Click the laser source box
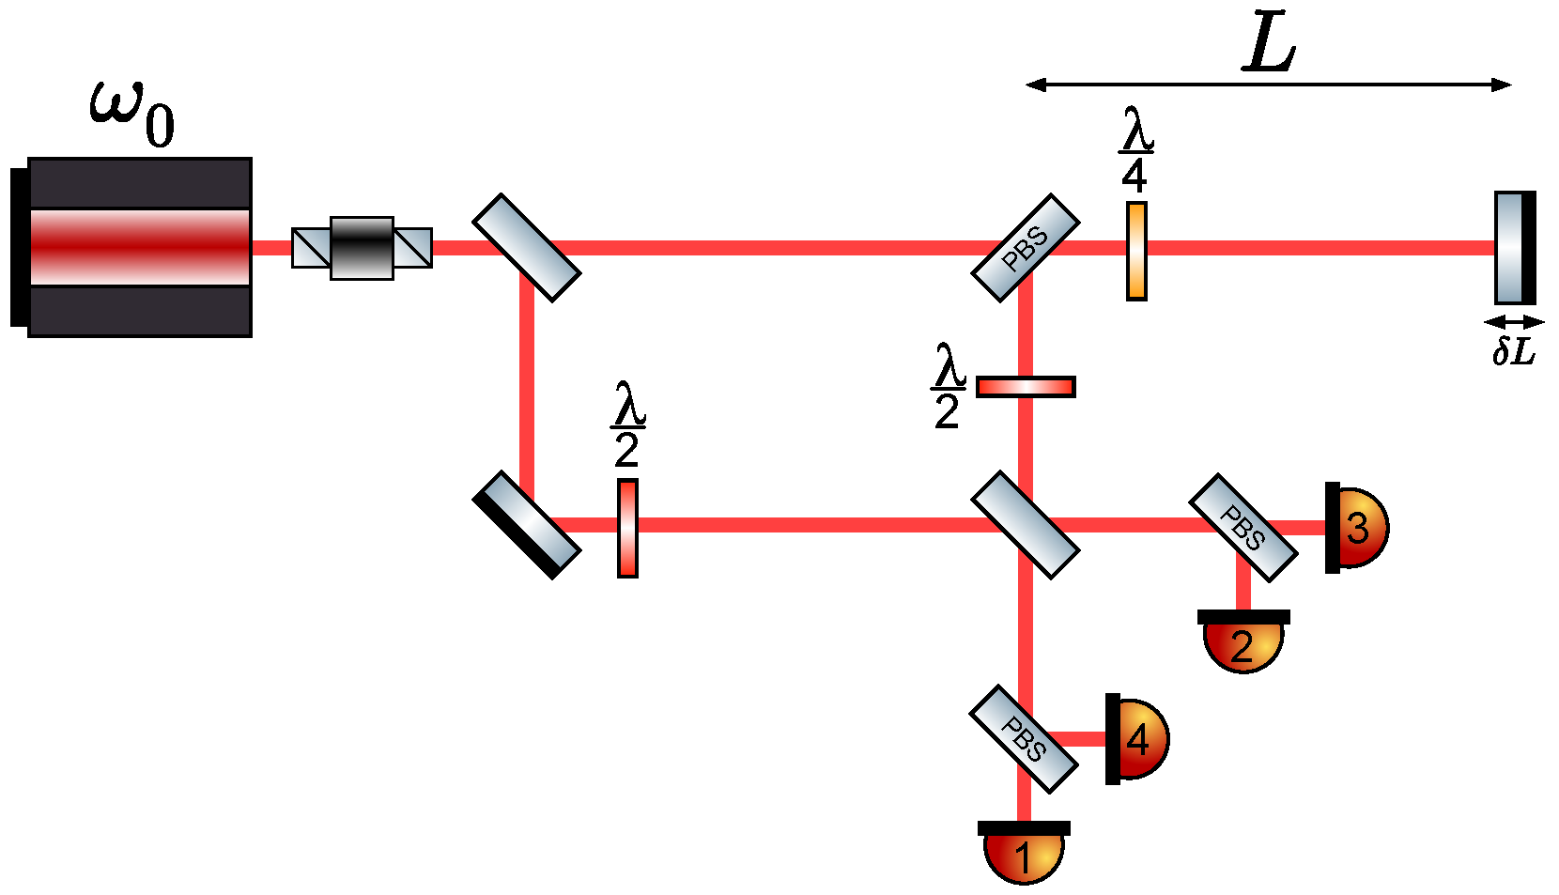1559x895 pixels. click(x=139, y=247)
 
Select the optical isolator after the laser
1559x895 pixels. click(x=362, y=248)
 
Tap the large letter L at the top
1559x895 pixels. click(x=1269, y=44)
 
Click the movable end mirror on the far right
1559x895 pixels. click(x=1513, y=248)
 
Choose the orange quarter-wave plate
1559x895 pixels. click(x=1136, y=251)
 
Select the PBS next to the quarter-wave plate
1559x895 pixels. click(x=1025, y=248)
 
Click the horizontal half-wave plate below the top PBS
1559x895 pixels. click(x=1026, y=387)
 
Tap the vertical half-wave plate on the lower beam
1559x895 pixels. click(x=627, y=528)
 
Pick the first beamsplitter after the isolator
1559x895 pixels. click(x=526, y=248)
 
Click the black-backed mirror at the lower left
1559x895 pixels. click(x=526, y=525)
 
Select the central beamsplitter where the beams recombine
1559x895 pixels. click(x=1025, y=524)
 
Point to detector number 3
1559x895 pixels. click(x=1356, y=527)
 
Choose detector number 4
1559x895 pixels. click(x=1136, y=739)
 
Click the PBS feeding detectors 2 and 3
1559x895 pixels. click(x=1243, y=528)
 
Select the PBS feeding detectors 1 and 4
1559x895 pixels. click(x=1023, y=739)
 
